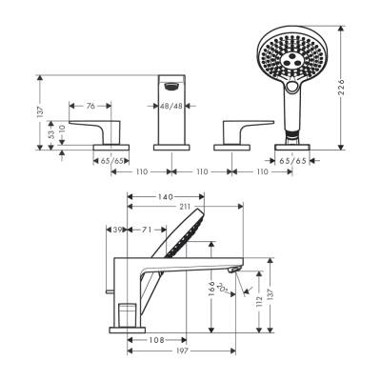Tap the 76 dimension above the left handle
(x=90, y=106)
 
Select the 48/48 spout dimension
(x=172, y=106)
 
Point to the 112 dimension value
(x=260, y=303)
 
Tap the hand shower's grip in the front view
(x=288, y=119)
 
